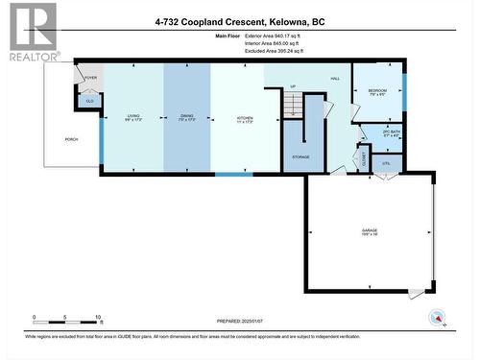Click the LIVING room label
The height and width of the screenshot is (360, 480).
[132, 116]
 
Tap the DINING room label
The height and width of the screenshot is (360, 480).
[186, 116]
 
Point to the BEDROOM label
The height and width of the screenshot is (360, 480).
[376, 90]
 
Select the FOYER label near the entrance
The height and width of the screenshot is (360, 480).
[90, 78]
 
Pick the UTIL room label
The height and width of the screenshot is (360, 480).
[387, 164]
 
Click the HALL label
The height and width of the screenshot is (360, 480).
[335, 78]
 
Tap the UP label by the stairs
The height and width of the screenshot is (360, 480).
[293, 86]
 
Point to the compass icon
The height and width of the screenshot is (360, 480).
[438, 318]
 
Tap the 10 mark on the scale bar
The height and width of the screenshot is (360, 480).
[99, 317]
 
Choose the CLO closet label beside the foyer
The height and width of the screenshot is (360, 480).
[90, 101]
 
